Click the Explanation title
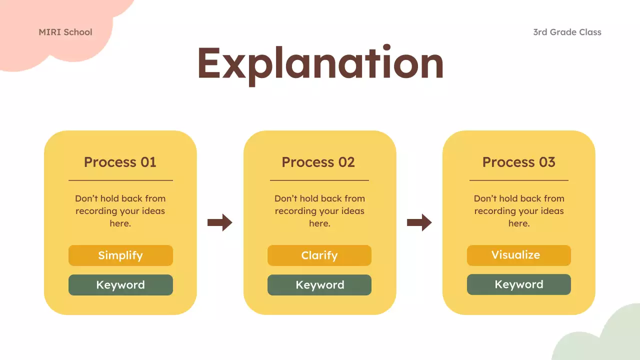(x=320, y=64)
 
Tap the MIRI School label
(x=65, y=32)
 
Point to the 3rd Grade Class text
(x=567, y=32)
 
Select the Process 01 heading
(x=120, y=162)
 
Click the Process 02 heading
(x=318, y=162)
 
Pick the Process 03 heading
(x=518, y=162)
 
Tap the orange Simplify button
(x=120, y=255)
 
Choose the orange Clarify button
(x=319, y=255)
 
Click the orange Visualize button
(x=518, y=255)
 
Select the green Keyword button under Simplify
(x=120, y=285)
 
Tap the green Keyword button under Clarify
(x=319, y=285)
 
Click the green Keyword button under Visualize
(x=518, y=284)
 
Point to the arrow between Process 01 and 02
(x=220, y=222)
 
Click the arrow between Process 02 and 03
(x=419, y=222)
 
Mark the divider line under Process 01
(x=120, y=180)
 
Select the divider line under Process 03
(x=518, y=180)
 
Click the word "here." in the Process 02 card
(x=319, y=223)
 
